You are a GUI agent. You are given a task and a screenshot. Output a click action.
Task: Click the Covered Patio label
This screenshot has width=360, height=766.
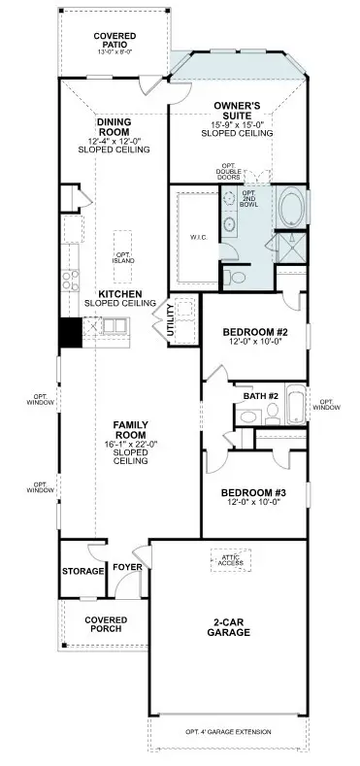(x=114, y=40)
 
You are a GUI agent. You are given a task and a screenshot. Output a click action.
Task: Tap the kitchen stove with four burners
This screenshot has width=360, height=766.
(x=71, y=281)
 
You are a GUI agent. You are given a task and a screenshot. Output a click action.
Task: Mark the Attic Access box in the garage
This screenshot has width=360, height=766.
(x=230, y=559)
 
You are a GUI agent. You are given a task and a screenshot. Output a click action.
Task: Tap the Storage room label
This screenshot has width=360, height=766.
(x=82, y=571)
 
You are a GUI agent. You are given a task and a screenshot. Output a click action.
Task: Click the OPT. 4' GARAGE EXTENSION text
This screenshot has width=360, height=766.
(x=228, y=731)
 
